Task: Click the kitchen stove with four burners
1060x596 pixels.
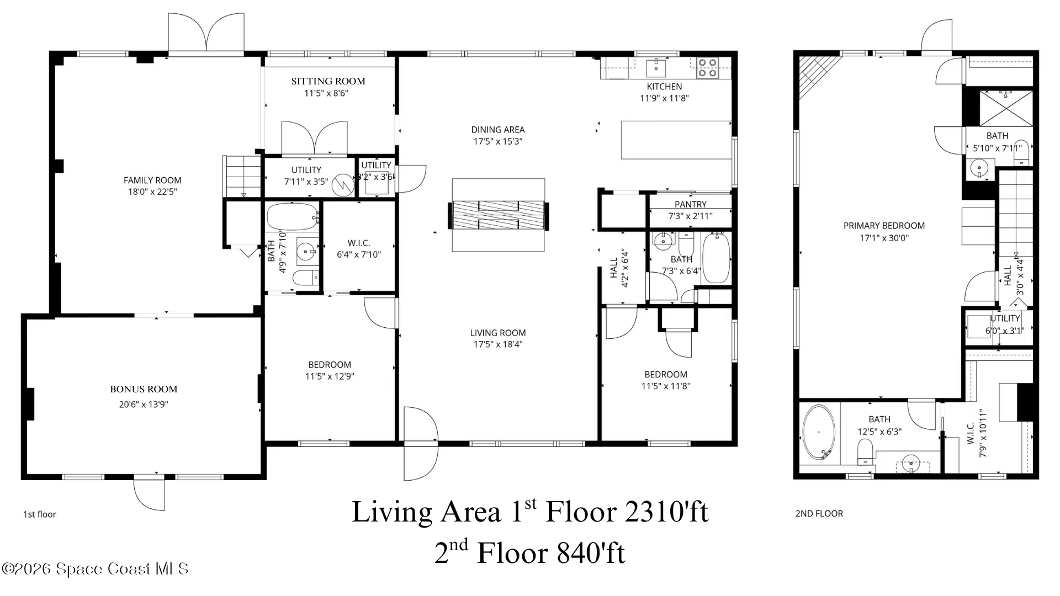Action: pos(707,68)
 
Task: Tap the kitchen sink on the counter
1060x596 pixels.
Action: pos(656,68)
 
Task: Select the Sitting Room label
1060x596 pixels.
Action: pos(328,81)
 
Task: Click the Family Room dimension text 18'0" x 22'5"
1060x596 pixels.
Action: pos(152,192)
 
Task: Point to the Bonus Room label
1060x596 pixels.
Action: pos(144,389)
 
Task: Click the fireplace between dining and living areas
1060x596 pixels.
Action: pos(499,215)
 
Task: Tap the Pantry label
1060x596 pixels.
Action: pos(691,204)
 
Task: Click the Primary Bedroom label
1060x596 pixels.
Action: pos(884,226)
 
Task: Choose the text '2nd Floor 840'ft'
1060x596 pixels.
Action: pos(529,552)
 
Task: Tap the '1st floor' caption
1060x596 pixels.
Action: pos(40,514)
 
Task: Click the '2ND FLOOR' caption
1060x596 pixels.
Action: pos(819,514)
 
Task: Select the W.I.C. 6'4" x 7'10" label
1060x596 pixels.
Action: pos(359,249)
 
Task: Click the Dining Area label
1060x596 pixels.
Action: pos(498,130)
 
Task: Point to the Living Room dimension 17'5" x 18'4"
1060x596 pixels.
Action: pos(498,344)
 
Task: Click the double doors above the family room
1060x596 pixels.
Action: pos(206,33)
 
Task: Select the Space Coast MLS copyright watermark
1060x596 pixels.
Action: pos(95,569)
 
